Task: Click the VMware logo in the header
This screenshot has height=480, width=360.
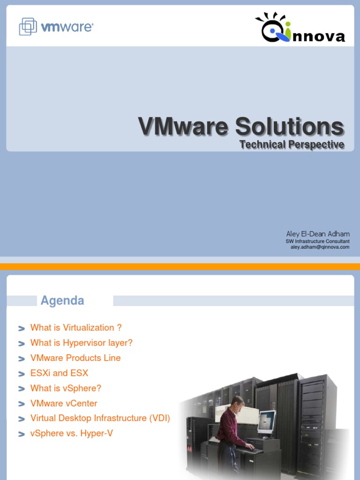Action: point(56,27)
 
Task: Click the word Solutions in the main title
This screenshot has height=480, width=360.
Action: point(290,126)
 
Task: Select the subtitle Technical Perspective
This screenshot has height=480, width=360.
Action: point(292,144)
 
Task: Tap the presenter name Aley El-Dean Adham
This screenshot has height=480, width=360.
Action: point(318,234)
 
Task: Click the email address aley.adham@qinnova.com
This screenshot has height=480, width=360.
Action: point(320,247)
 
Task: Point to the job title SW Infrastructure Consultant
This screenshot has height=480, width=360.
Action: point(317,241)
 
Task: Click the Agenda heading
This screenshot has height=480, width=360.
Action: point(62,300)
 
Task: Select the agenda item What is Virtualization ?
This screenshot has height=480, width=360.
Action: point(76,328)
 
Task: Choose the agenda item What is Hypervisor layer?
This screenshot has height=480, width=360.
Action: point(82,343)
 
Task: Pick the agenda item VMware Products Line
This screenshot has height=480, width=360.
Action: point(75,358)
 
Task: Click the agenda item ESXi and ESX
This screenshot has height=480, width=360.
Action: point(59,373)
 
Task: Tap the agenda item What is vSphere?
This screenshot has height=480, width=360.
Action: point(66,388)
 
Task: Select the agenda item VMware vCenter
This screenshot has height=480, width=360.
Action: point(64,403)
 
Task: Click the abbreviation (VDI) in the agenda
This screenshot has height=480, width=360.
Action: point(159,418)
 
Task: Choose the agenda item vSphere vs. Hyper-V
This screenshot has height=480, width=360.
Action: point(71,434)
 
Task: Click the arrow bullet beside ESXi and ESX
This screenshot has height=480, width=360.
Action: point(22,374)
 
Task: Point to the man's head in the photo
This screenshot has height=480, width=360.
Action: point(238,402)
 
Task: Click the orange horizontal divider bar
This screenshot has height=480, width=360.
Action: point(180,267)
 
